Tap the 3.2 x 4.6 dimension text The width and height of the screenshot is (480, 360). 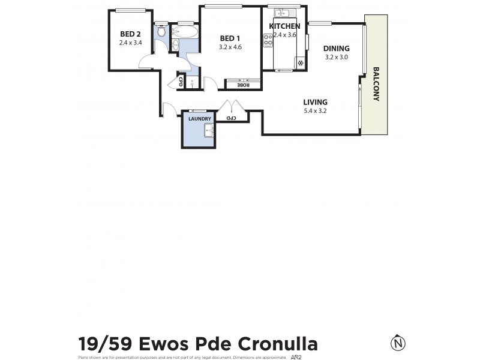click(x=230, y=47)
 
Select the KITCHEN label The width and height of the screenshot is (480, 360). click(x=284, y=27)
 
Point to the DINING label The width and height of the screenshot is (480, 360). click(x=336, y=49)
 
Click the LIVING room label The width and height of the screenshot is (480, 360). click(x=315, y=101)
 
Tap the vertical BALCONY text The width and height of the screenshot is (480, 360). click(x=376, y=83)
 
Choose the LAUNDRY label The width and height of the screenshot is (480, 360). click(x=200, y=119)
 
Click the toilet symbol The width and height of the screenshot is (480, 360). click(x=161, y=32)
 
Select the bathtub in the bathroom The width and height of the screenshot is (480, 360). click(x=184, y=31)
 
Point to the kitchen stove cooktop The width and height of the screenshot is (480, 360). click(x=268, y=41)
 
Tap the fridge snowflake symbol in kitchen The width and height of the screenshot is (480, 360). click(x=300, y=63)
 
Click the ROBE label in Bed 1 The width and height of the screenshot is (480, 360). click(x=242, y=85)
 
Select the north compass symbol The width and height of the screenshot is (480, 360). click(x=397, y=344)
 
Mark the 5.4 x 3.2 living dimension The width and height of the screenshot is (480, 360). click(x=315, y=110)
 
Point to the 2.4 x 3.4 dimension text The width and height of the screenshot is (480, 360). click(x=130, y=43)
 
